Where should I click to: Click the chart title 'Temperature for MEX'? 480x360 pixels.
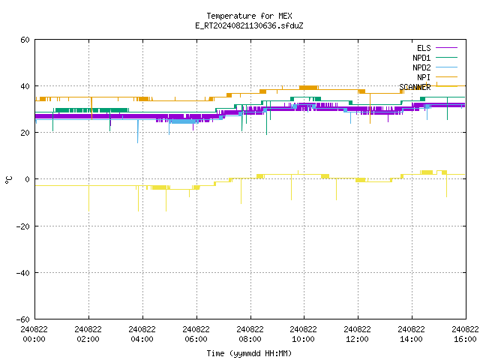click(x=249, y=16)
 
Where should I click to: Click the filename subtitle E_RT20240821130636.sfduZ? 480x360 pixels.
click(x=249, y=25)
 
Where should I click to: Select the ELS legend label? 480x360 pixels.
click(x=424, y=48)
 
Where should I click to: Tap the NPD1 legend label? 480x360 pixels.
click(x=421, y=58)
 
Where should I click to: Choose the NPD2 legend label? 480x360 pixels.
click(x=421, y=67)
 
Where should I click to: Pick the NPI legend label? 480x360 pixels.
click(x=424, y=77)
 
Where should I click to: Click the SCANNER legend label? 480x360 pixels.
click(x=415, y=87)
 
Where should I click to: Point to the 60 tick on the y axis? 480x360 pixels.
click(x=25, y=40)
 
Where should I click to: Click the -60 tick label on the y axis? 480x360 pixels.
click(x=23, y=319)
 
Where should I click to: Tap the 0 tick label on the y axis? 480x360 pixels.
click(x=28, y=179)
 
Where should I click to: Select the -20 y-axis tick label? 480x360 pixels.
click(x=23, y=226)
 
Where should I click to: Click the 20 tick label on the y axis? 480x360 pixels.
click(x=25, y=133)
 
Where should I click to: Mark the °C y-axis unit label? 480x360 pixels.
click(x=8, y=180)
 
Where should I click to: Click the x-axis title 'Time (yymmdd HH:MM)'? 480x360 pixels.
click(x=249, y=353)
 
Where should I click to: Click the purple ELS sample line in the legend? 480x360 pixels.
click(x=446, y=48)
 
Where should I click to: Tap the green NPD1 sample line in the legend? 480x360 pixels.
click(x=446, y=58)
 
